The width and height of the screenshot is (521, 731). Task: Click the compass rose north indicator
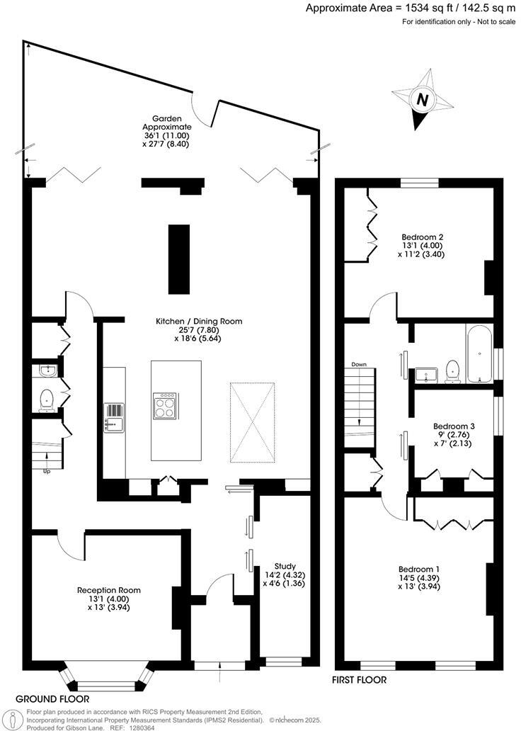pos(423,100)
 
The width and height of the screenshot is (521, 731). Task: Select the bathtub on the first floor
pos(479,353)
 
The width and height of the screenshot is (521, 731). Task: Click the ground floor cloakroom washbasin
pos(47,370)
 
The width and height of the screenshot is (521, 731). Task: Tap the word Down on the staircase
pos(359,364)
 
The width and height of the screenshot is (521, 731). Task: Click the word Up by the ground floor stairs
pos(47,470)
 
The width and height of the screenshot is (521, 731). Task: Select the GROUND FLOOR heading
pos(52,698)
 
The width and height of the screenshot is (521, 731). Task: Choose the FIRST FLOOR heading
pos(360,680)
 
